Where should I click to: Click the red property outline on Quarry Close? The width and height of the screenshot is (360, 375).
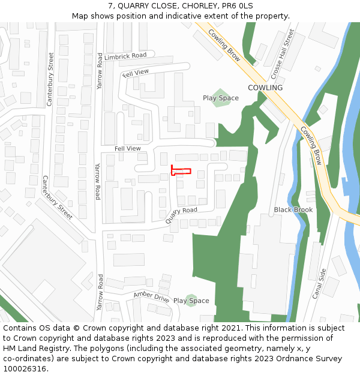[x=181, y=171]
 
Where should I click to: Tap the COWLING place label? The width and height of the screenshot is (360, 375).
[x=265, y=88]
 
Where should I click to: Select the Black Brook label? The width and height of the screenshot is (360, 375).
[x=293, y=210]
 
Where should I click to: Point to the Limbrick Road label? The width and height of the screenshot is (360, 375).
[x=125, y=56]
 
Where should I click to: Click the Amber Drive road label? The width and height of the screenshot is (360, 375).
[x=151, y=296]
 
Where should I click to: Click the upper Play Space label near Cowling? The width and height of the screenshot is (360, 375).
[x=220, y=98]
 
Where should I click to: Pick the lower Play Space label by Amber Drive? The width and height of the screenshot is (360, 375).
[x=191, y=301]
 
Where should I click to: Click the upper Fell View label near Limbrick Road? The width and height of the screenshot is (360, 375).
[x=135, y=73]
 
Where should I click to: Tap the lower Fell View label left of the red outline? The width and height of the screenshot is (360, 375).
[x=127, y=148]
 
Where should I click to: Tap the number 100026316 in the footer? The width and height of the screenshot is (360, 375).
[x=25, y=368]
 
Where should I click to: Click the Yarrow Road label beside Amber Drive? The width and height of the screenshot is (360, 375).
[x=100, y=293]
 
